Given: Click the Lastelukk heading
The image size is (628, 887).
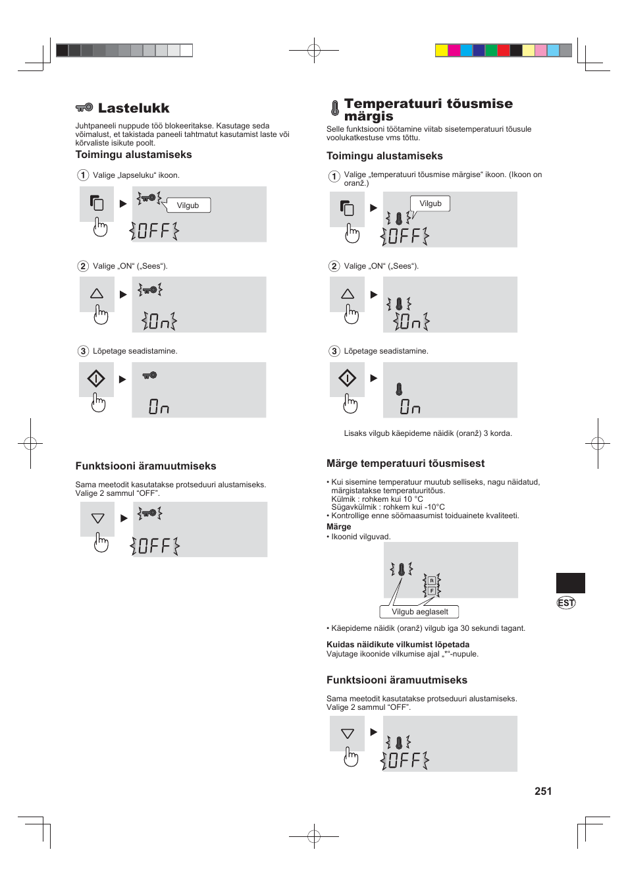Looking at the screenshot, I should click(x=134, y=109).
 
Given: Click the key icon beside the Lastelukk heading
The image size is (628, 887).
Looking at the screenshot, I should click(x=84, y=107).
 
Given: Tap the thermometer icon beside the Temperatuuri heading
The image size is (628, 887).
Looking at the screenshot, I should click(x=334, y=108).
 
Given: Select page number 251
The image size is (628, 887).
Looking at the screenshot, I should click(x=543, y=791).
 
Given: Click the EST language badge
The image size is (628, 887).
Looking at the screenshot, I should click(x=566, y=603).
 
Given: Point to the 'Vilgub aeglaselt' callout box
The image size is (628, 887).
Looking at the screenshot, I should click(x=419, y=612).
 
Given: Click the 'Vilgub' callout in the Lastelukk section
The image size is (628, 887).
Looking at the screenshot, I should click(x=188, y=205).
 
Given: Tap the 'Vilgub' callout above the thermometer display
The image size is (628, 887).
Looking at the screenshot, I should click(x=431, y=203).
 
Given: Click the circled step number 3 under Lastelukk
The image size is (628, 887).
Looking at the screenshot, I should click(x=84, y=351).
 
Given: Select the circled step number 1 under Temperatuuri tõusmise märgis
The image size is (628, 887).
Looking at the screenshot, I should click(x=334, y=176).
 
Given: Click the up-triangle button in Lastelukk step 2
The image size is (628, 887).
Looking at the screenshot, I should click(x=97, y=294).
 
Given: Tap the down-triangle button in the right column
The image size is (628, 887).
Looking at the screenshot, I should click(x=348, y=734).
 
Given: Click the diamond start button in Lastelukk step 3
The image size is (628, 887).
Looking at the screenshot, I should click(x=96, y=379).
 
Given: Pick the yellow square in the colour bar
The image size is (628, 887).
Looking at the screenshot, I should click(x=442, y=51).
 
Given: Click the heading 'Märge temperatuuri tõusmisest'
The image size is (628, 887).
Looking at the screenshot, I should click(x=406, y=464).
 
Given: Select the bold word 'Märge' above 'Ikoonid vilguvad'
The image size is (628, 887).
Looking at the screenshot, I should click(x=339, y=527).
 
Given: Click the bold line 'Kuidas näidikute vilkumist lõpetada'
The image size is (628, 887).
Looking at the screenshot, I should click(x=398, y=645).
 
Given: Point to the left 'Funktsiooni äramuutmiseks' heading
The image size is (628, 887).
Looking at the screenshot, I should click(x=145, y=466).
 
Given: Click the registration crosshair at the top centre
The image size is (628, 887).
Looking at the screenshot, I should click(x=314, y=50).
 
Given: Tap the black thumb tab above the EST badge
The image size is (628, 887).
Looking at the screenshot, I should click(x=570, y=583).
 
